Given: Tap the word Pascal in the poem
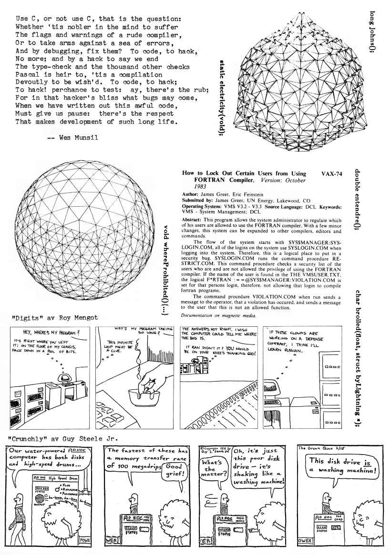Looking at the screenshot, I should point(27,75).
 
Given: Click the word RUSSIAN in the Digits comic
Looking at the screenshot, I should point(291,351).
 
